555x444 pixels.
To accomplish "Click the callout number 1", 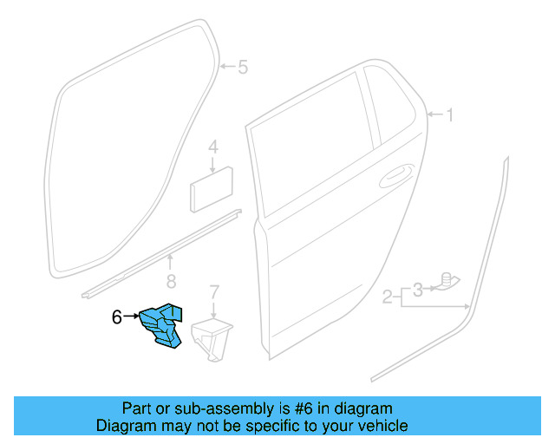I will (x=448, y=114).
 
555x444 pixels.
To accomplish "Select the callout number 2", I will (x=388, y=299).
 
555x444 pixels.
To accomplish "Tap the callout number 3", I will (x=417, y=288).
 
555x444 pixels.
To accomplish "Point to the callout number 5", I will (x=243, y=67).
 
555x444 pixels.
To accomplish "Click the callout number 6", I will (x=118, y=317).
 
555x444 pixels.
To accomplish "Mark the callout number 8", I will (x=171, y=280).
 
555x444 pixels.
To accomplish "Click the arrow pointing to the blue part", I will (x=132, y=317).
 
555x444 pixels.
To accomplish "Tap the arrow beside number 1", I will (x=433, y=114).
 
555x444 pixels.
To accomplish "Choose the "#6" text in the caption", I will (x=311, y=408).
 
